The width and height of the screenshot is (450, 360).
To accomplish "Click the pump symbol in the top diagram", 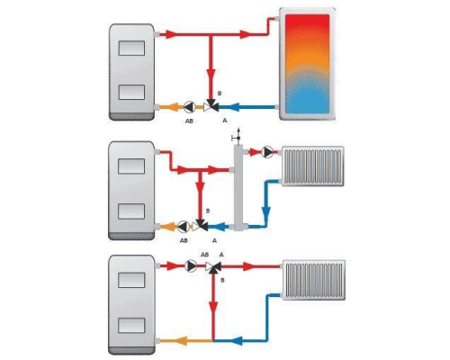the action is (190, 106).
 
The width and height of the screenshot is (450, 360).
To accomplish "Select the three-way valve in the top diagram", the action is (211, 105).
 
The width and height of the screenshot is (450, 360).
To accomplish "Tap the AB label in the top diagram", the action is (189, 121).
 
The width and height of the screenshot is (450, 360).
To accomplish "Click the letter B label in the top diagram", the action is (220, 94).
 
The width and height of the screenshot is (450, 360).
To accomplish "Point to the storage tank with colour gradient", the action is (307, 64).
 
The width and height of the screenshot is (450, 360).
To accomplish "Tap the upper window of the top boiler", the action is (131, 48).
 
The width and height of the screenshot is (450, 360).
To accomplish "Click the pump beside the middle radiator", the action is (267, 152).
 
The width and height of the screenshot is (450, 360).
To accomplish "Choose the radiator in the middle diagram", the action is (313, 166).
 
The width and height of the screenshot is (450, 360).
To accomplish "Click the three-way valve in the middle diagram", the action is (200, 226).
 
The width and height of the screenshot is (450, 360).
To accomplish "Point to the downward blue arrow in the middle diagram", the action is (266, 213).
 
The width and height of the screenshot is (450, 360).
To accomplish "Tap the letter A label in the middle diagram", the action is (214, 240).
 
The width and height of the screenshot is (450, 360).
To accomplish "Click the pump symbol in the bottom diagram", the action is (191, 265).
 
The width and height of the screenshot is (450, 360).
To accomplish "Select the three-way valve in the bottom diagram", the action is (213, 267).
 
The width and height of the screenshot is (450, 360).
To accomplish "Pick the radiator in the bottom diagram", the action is (314, 280).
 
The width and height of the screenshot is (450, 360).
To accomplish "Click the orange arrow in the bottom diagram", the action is (181, 341).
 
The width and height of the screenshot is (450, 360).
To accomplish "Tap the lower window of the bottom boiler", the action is (131, 325).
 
